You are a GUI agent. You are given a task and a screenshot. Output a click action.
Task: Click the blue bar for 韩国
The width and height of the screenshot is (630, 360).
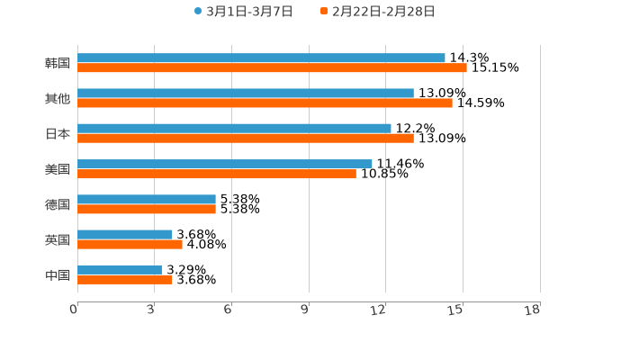pyautogui.click(x=261, y=58)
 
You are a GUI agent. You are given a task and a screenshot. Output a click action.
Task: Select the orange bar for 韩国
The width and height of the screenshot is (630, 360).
pyautogui.click(x=272, y=67)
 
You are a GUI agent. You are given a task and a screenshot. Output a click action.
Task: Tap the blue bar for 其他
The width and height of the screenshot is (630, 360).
pyautogui.click(x=246, y=93)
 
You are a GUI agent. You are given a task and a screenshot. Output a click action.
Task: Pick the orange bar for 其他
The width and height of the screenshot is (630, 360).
pyautogui.click(x=265, y=103)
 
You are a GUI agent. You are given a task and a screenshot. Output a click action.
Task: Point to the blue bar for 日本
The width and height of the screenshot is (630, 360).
pyautogui.click(x=234, y=128)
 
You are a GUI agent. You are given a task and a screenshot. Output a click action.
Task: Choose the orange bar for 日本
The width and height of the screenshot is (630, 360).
pyautogui.click(x=246, y=138)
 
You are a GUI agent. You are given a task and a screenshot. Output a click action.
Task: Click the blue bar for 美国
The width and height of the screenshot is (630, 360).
pyautogui.click(x=225, y=164)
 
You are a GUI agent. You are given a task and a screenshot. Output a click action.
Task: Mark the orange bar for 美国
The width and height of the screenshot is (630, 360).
pyautogui.click(x=217, y=174)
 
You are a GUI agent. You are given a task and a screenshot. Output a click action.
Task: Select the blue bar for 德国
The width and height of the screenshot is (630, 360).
pyautogui.click(x=147, y=199)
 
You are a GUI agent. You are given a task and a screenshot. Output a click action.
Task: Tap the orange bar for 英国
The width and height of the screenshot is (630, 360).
pyautogui.click(x=130, y=244)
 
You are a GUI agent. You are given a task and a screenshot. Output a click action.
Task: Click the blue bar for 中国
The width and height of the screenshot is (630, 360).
pyautogui.click(x=120, y=269)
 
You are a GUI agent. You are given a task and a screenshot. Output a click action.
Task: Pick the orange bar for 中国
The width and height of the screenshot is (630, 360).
pyautogui.click(x=125, y=279)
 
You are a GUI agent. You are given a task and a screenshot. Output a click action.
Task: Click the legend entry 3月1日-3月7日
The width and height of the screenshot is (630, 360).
pyautogui.click(x=243, y=12)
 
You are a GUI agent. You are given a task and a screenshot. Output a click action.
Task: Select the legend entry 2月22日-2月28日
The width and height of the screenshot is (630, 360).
pyautogui.click(x=377, y=12)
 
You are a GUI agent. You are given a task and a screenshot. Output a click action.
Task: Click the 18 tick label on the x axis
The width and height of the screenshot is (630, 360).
pyautogui.click(x=534, y=310)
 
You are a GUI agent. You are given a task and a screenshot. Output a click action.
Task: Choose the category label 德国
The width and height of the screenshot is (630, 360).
pyautogui.click(x=58, y=204)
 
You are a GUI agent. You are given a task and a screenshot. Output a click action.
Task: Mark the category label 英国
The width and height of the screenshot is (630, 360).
pyautogui.click(x=58, y=239)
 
